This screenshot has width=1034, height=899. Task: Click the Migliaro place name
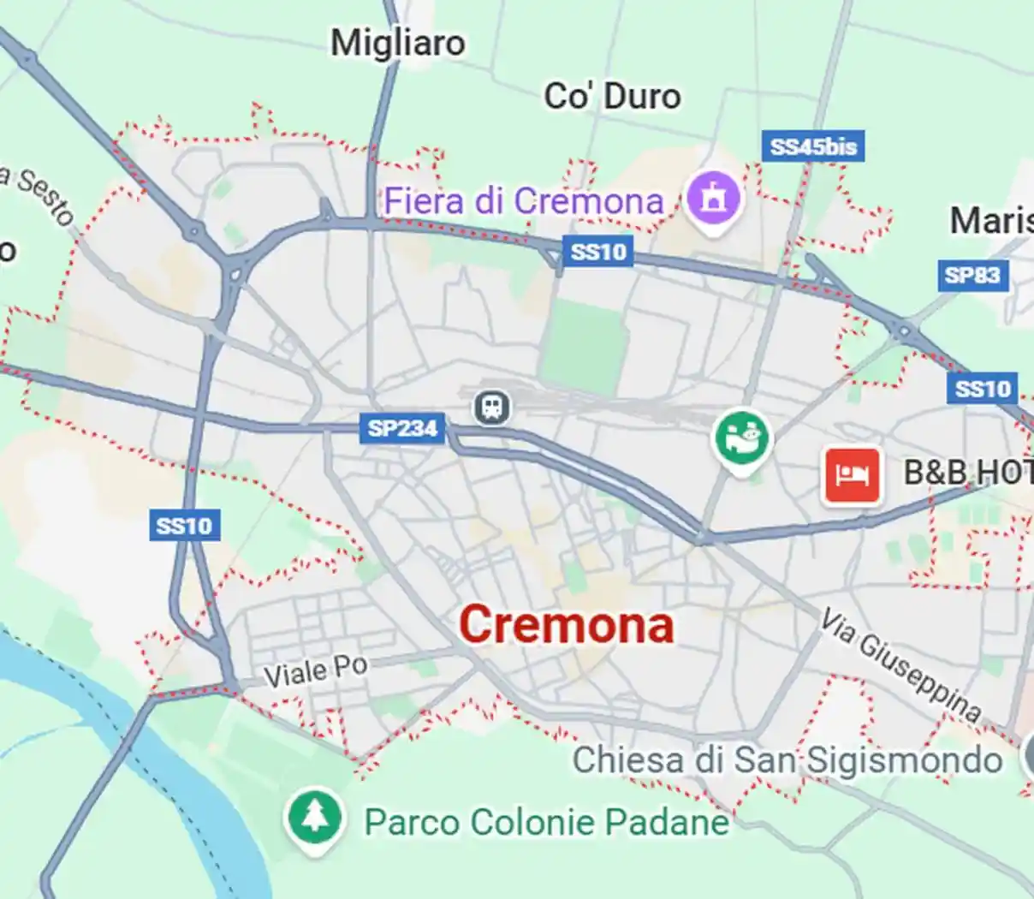(x=398, y=43)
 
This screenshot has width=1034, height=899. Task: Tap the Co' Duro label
(x=613, y=96)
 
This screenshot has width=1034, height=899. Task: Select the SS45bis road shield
(x=812, y=146)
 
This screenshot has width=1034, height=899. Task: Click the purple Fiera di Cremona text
(x=523, y=201)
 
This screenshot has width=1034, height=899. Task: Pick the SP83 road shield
(x=972, y=275)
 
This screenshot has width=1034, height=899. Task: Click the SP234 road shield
(x=402, y=428)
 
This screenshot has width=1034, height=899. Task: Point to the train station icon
(x=491, y=407)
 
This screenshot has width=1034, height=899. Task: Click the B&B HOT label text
(x=968, y=472)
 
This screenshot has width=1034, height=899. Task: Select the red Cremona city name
(x=567, y=624)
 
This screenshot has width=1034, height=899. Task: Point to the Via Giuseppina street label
(x=900, y=665)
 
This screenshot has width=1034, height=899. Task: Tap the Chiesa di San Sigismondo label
(x=787, y=759)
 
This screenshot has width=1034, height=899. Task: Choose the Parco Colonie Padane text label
(x=547, y=822)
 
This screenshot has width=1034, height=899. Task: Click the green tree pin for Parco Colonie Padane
(x=316, y=818)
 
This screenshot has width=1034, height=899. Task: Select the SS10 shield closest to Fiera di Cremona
(x=598, y=252)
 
